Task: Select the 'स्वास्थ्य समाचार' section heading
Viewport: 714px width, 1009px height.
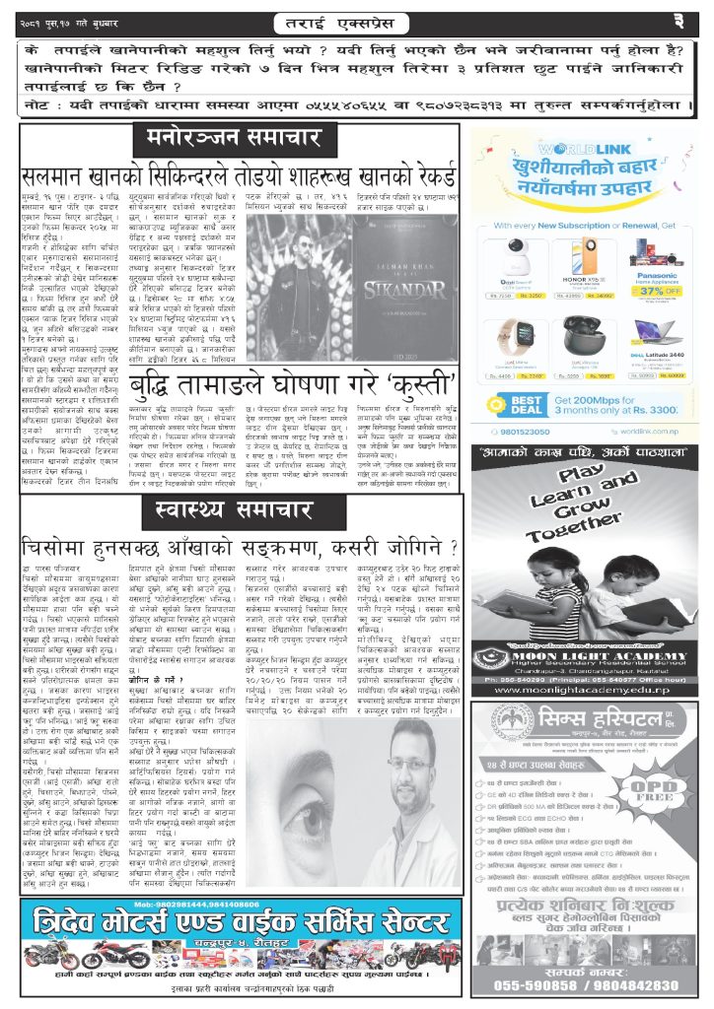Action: tap(239, 510)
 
